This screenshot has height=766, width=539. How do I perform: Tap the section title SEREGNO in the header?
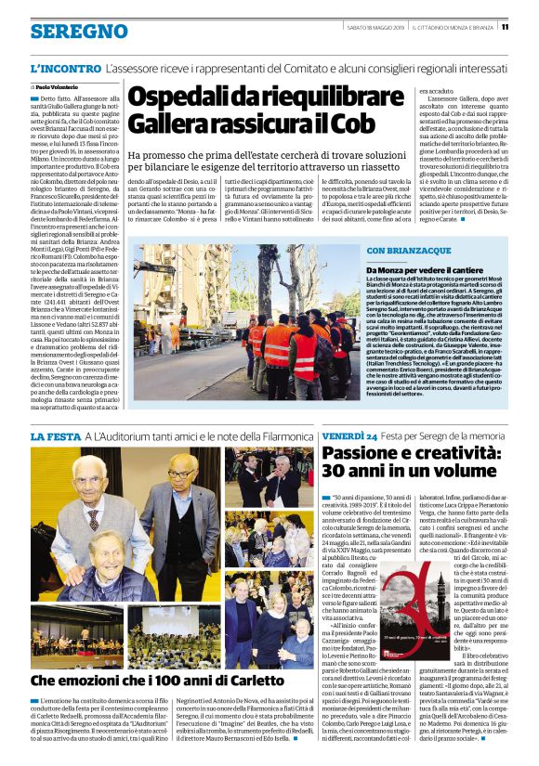(66, 32)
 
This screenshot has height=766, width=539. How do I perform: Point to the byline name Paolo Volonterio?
(59, 86)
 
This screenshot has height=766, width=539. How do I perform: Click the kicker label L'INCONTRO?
(64, 69)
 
